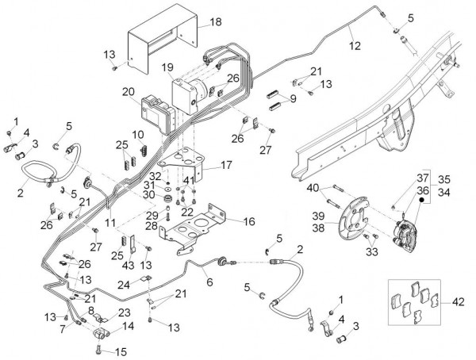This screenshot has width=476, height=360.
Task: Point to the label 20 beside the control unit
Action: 128,92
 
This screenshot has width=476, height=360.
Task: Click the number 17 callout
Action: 226,166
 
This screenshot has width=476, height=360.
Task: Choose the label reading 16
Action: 249,221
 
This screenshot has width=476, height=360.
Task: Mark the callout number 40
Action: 314,187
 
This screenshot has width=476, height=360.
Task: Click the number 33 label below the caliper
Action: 371,252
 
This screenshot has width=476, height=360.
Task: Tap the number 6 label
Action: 209,281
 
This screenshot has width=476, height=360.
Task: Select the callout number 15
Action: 121,350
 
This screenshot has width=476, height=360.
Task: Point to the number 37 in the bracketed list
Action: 423,177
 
